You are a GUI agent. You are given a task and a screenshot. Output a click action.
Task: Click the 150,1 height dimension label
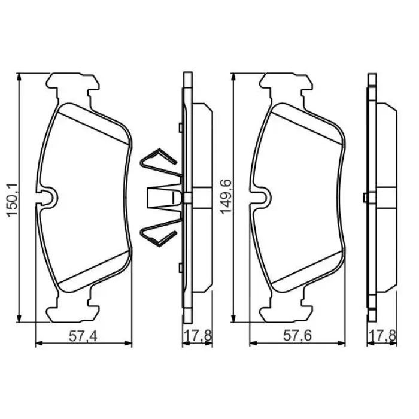[13, 199]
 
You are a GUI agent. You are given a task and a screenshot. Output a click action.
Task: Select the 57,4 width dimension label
[83, 336]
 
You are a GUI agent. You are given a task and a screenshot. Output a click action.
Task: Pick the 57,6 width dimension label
[297, 336]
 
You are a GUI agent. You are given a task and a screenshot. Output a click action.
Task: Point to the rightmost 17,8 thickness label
[382, 336]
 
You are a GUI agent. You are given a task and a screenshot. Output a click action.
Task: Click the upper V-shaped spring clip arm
[159, 163]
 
